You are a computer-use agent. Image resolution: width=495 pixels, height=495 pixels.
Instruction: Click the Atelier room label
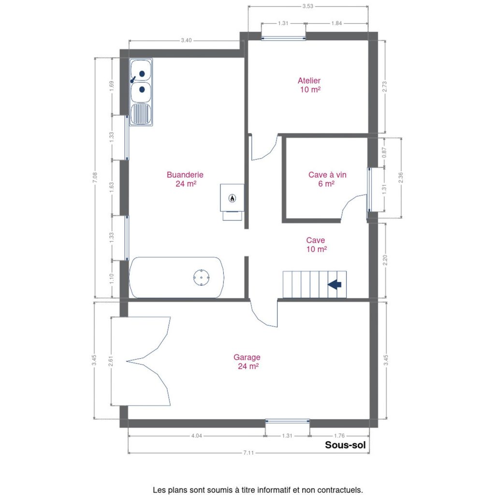[309, 85]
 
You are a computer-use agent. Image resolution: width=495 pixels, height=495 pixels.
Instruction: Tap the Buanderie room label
[185, 179]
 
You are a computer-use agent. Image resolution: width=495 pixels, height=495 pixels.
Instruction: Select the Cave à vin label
[327, 179]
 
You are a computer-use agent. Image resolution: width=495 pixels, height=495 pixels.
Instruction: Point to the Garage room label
[247, 362]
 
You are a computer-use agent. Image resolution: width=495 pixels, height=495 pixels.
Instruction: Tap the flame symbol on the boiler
[233, 198]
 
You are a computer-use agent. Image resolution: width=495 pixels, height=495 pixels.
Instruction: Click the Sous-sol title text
[345, 445]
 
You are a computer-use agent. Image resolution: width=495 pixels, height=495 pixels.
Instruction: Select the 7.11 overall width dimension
[248, 452]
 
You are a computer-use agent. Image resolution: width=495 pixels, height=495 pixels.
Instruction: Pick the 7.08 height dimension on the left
[95, 177]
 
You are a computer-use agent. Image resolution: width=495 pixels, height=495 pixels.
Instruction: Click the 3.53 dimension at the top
[308, 6]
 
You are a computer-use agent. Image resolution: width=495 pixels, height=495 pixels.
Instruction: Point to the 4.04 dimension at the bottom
[196, 436]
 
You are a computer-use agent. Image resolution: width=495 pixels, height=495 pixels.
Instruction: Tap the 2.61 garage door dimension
[111, 361]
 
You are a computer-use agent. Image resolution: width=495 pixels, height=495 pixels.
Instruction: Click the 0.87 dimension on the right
[384, 152]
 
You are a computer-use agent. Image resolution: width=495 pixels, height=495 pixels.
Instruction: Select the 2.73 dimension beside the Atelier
[384, 87]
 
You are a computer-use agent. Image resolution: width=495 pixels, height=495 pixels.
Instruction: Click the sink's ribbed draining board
[141, 114]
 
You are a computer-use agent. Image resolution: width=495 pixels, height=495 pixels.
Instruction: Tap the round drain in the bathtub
[202, 277]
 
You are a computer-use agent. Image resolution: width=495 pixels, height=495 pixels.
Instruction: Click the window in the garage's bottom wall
[287, 421]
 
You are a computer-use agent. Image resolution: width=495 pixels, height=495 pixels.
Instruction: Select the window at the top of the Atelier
[283, 39]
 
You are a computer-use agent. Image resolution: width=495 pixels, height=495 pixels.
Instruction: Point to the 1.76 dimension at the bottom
[339, 436]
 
